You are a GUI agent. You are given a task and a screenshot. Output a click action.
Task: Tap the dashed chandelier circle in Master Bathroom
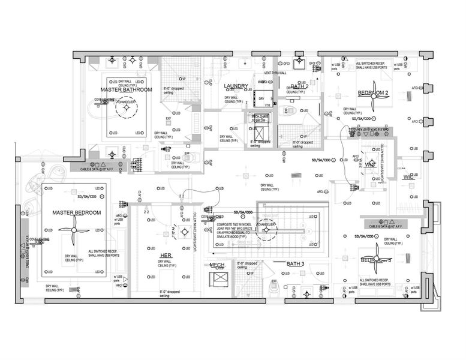click(x=127, y=110)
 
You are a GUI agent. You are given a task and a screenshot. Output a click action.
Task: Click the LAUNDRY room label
click(x=236, y=86)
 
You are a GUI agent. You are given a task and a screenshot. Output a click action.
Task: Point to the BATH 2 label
click(x=299, y=86)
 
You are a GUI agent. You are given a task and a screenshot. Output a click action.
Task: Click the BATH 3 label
click(x=296, y=264)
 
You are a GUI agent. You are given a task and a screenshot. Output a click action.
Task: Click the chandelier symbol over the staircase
click(x=262, y=229)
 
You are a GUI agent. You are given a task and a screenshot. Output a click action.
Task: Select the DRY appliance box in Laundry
click(x=261, y=98)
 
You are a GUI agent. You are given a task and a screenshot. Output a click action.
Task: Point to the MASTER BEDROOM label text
click(x=76, y=213)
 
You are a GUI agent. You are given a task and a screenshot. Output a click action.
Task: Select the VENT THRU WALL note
click(x=284, y=73)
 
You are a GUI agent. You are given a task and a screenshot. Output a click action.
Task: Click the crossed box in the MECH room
click(x=217, y=281)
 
